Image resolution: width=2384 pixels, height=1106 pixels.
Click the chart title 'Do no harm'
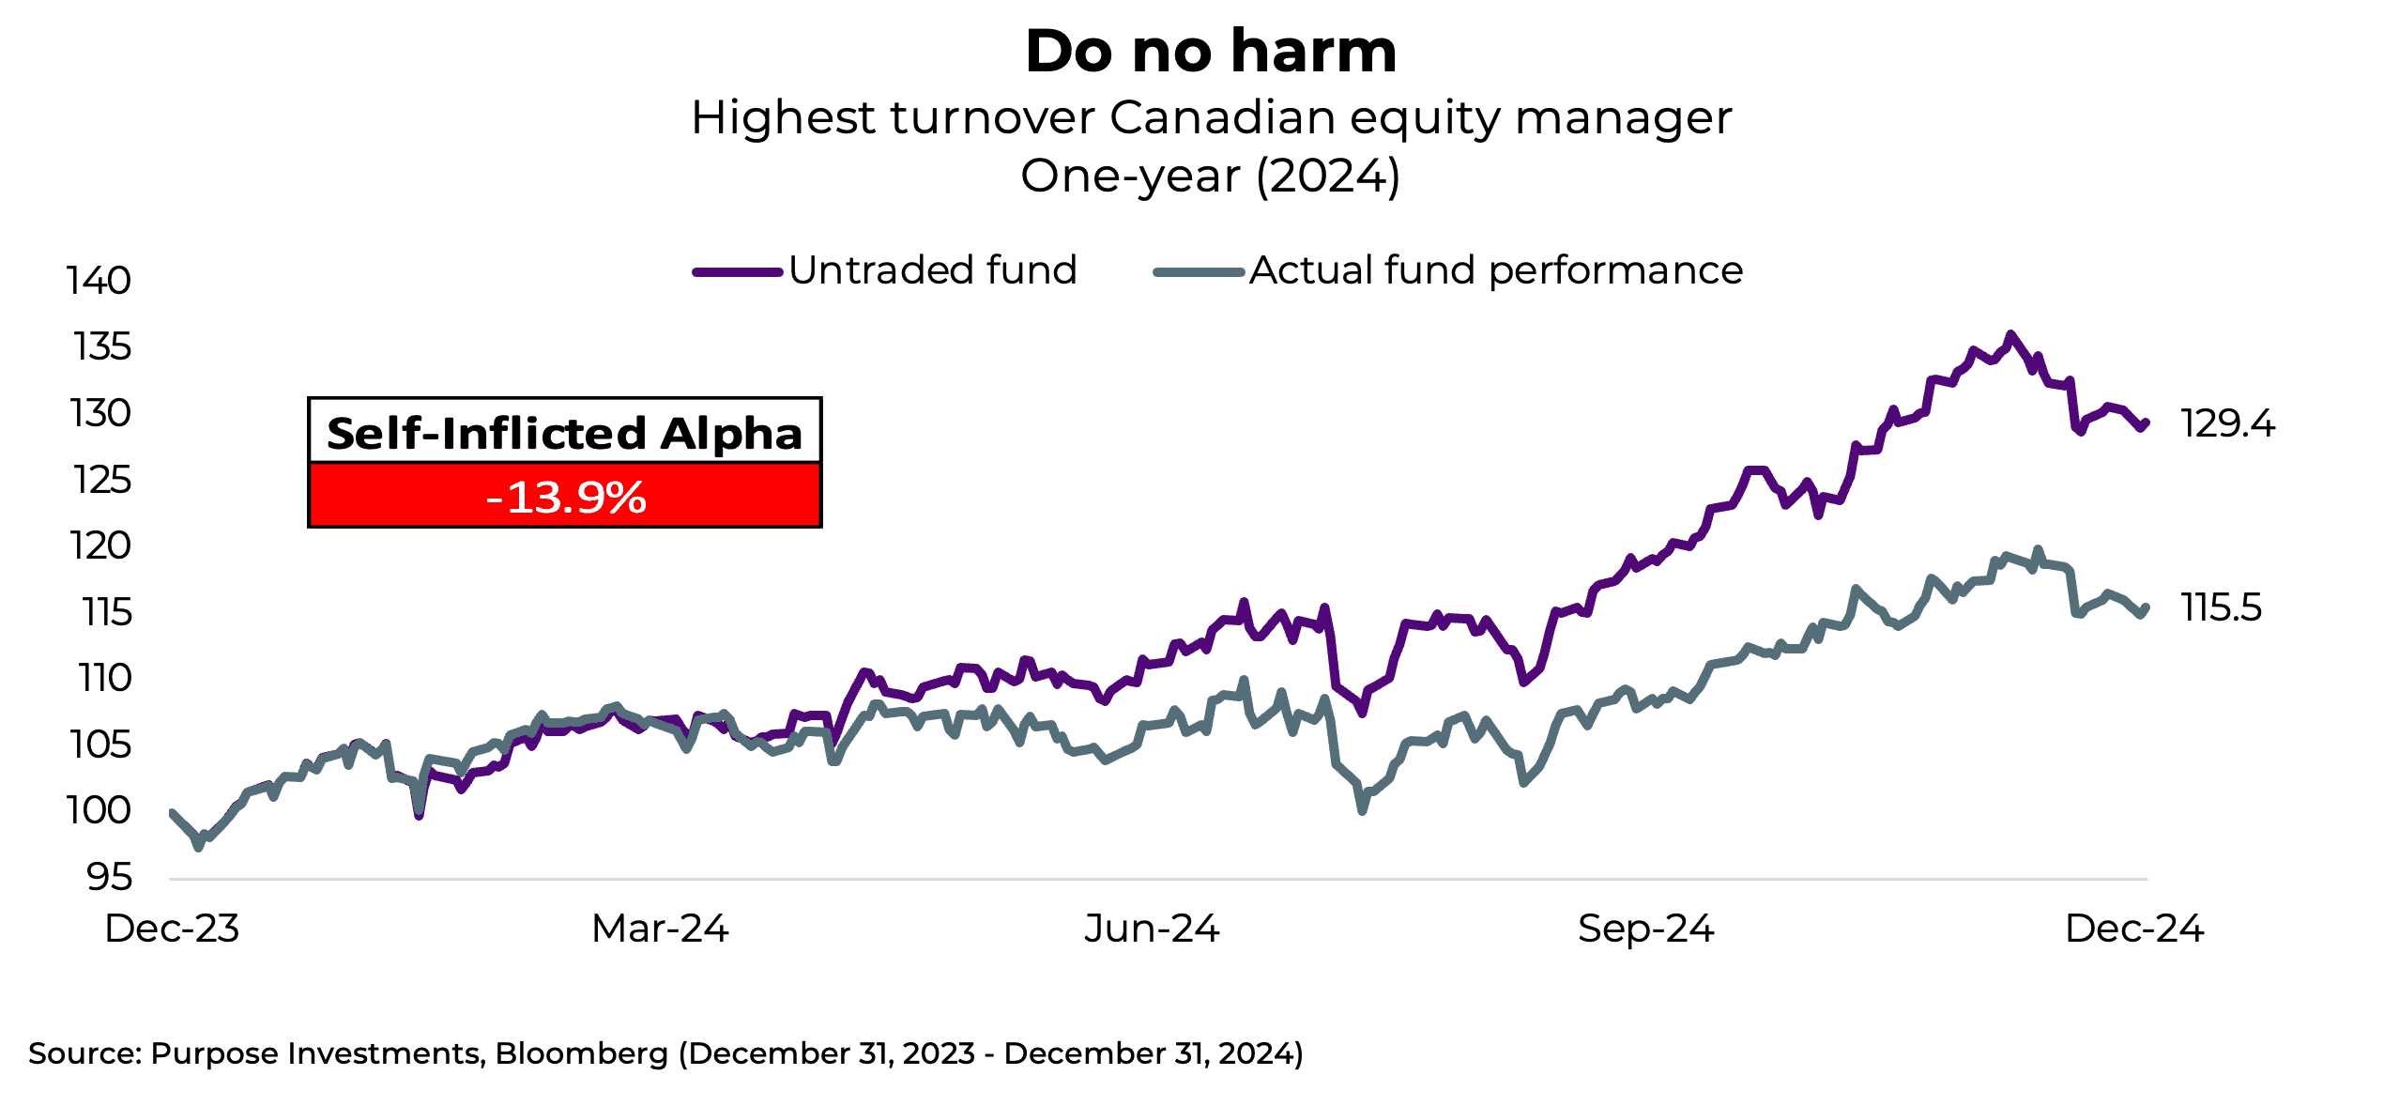(x=1211, y=51)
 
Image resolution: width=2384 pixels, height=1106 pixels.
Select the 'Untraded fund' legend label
(x=932, y=270)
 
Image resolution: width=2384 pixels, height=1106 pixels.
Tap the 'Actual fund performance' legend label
(x=1495, y=270)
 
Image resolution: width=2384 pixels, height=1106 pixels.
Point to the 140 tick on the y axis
(x=99, y=281)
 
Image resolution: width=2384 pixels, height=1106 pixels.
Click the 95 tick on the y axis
(x=109, y=877)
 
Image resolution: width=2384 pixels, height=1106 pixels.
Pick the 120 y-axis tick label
(x=100, y=545)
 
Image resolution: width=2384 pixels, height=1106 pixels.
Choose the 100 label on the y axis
(x=99, y=810)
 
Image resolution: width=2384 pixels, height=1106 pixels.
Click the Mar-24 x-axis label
(x=660, y=929)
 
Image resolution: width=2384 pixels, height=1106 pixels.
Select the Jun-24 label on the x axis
(x=1152, y=929)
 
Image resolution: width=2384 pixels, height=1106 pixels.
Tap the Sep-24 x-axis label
(x=1645, y=929)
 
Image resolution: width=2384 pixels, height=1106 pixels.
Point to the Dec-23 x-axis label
(x=172, y=929)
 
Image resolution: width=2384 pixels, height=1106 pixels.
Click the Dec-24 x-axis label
(x=2133, y=929)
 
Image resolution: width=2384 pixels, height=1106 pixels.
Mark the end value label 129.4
(x=2227, y=423)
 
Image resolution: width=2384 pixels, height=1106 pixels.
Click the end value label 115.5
(x=2221, y=607)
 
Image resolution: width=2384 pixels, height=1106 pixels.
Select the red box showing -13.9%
(x=565, y=496)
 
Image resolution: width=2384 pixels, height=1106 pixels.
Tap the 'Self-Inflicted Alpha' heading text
(x=565, y=433)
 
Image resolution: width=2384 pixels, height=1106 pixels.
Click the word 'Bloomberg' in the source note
(x=581, y=1053)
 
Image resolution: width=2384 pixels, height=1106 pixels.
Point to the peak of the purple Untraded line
(x=2010, y=334)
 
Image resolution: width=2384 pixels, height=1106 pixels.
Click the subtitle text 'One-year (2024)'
(x=1211, y=176)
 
